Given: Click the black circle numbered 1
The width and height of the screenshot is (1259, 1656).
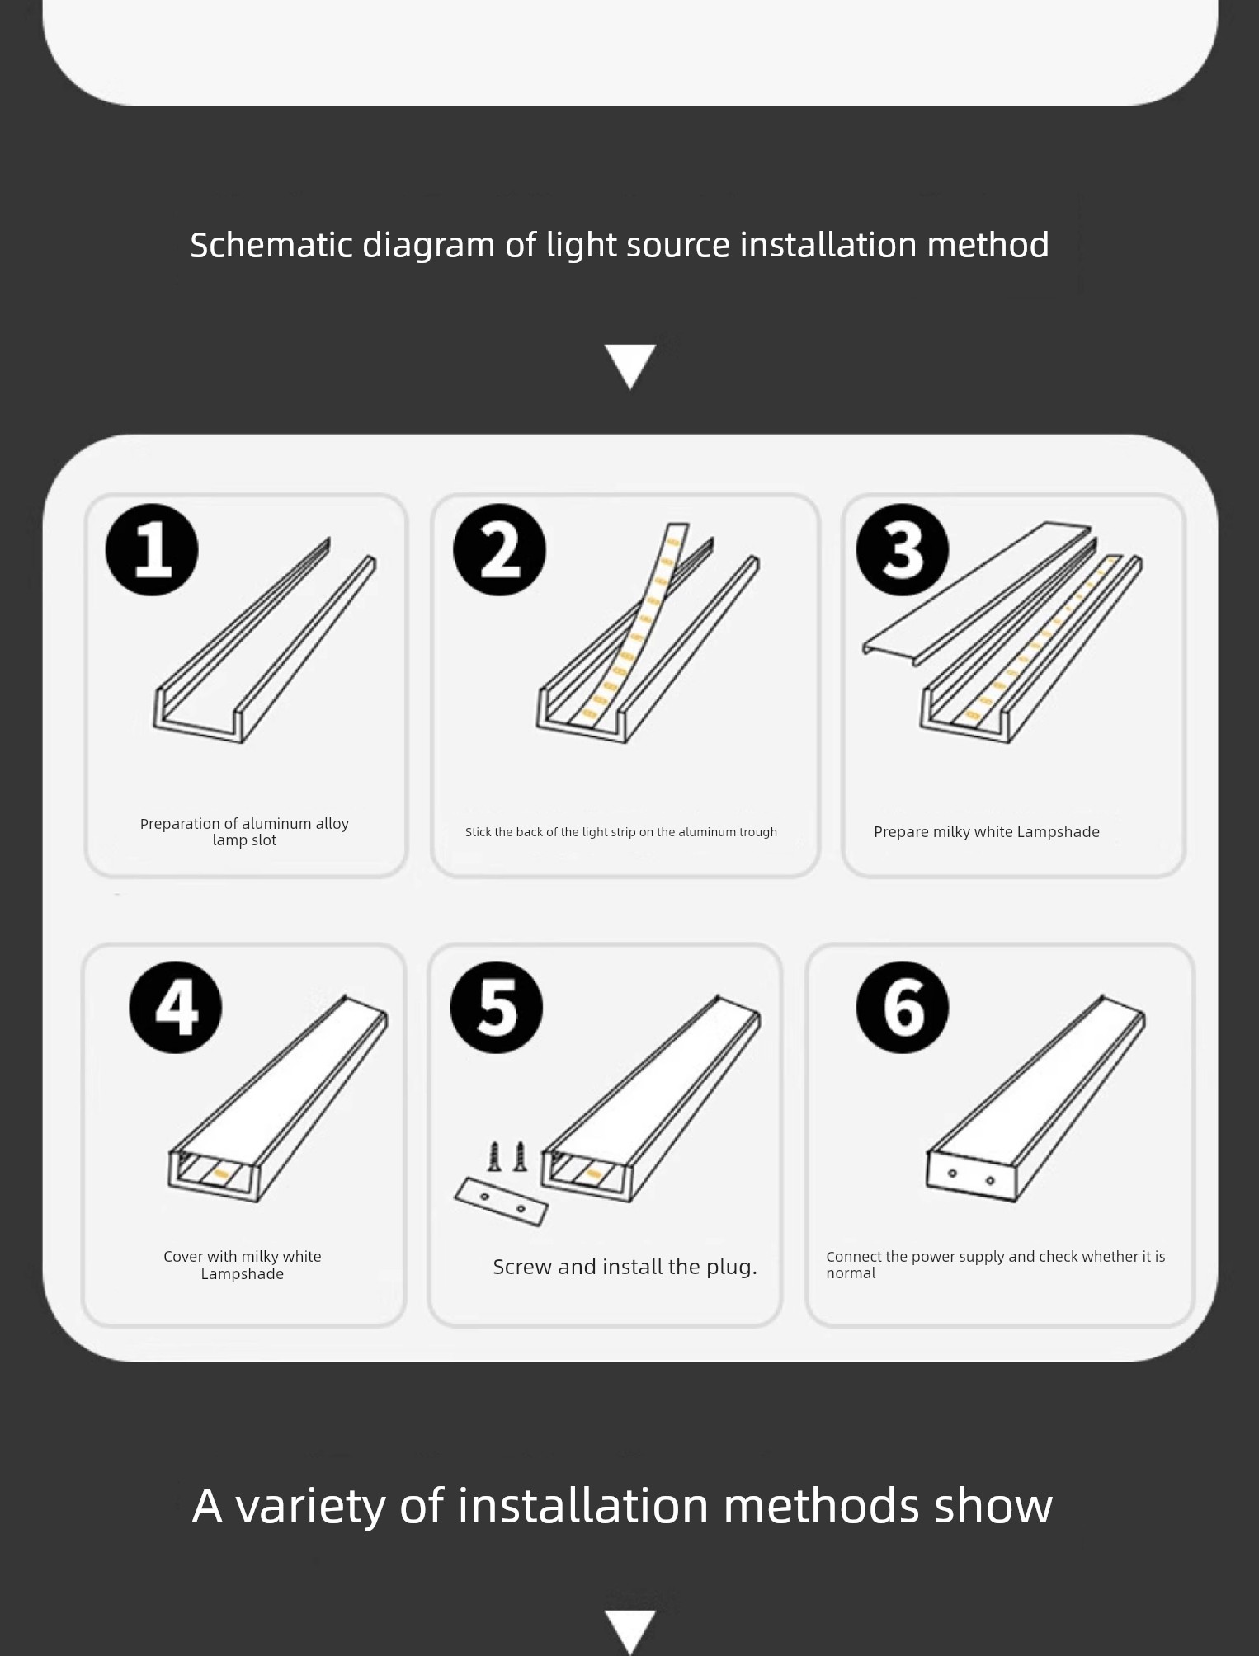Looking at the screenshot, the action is [152, 549].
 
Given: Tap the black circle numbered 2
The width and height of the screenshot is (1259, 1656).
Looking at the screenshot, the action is [499, 549].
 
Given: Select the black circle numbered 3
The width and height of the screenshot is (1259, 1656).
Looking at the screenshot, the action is [903, 549].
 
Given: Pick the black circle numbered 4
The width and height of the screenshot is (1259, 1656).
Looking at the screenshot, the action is [176, 1007].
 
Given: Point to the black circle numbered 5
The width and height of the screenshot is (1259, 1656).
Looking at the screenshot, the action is [497, 1007].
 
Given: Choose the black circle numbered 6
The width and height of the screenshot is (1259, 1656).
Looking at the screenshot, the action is [903, 1007].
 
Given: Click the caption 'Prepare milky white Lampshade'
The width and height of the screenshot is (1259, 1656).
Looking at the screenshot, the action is [987, 831].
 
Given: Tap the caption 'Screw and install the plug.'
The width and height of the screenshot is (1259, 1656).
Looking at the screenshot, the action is [625, 1267].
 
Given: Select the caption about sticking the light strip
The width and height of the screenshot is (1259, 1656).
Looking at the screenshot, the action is [621, 832].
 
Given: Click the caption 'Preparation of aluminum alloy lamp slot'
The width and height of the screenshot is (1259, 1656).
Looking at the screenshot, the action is [244, 831].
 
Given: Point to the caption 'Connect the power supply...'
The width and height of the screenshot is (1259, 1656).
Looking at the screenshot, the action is [995, 1264].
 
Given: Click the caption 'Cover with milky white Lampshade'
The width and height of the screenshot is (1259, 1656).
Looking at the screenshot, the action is [243, 1265].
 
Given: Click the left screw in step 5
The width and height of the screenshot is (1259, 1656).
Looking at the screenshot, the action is [494, 1156].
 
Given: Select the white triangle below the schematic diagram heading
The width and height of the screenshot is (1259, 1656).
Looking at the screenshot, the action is [630, 366].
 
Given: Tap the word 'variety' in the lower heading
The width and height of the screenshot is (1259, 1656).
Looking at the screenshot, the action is [310, 1505].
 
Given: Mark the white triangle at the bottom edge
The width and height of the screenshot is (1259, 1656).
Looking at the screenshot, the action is [630, 1631].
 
